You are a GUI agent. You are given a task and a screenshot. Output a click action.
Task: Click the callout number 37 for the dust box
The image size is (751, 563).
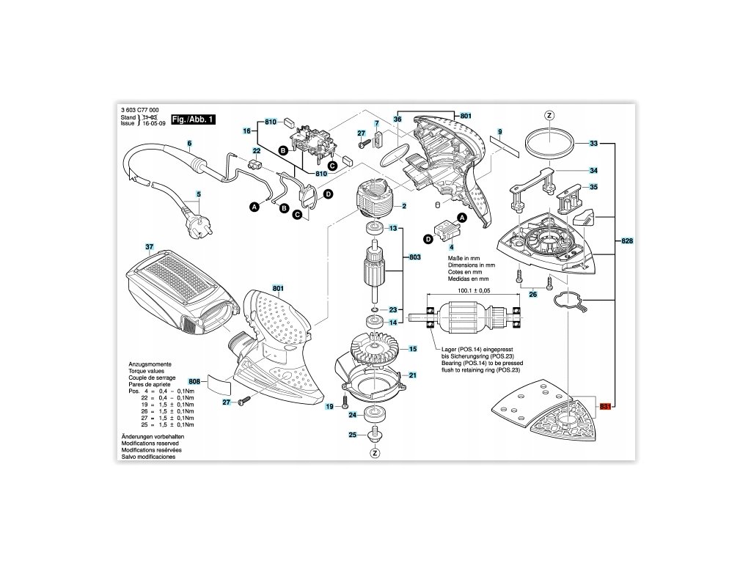pos(149,246)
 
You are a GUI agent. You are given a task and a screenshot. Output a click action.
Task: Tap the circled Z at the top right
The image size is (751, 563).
pos(549,116)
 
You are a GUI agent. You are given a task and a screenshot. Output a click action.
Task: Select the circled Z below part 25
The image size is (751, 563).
pos(375,453)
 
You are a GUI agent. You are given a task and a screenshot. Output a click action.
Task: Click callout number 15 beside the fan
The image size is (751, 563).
pos(412,349)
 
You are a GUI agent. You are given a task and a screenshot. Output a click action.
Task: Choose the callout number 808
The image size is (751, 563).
pos(194,382)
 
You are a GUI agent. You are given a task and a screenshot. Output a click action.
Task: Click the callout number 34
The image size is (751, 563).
pos(593,170)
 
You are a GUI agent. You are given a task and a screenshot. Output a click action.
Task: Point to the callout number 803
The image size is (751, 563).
pos(414,257)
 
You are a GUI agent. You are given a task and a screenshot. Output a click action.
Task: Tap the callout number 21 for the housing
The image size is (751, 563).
pos(412,375)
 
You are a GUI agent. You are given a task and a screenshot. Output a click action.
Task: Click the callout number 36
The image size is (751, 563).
pos(398,119)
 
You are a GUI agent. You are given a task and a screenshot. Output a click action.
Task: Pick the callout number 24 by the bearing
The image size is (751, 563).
pos(352,415)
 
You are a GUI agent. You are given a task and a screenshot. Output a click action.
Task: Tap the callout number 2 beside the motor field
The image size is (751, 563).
pos(404,207)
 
